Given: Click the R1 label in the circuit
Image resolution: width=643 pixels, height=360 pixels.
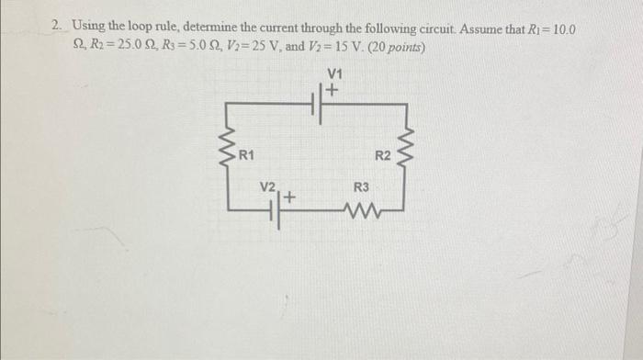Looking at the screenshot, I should pos(246,153).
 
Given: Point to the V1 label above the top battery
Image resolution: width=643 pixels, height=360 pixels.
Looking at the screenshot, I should pos(333,74).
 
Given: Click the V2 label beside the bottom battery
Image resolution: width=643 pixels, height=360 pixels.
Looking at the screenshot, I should pos(267,186).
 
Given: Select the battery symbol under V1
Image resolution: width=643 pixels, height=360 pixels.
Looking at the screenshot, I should pos(322,106).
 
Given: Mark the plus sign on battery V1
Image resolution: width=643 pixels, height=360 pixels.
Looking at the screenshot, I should pos(333,90).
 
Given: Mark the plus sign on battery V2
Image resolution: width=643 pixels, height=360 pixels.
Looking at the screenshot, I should pos(290,197).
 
